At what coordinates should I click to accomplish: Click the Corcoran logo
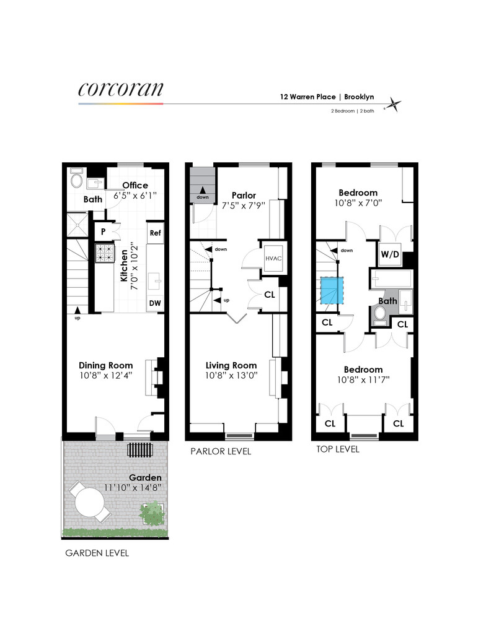(x=121, y=89)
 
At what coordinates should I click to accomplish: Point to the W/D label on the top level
(x=389, y=254)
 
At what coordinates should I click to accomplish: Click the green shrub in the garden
(x=151, y=513)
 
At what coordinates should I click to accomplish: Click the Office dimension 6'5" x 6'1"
(x=135, y=195)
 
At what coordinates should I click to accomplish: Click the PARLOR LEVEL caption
(x=221, y=452)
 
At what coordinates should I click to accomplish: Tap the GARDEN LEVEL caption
(x=97, y=553)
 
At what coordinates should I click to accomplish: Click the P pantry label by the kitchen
(x=102, y=232)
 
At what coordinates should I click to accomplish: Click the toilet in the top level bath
(x=380, y=318)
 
